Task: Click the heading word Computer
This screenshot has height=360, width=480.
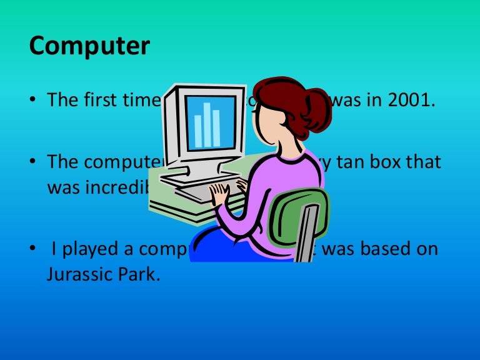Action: (x=89, y=47)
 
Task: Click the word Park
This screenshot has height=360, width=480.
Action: (x=138, y=274)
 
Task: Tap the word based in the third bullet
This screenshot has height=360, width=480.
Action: (x=375, y=249)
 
